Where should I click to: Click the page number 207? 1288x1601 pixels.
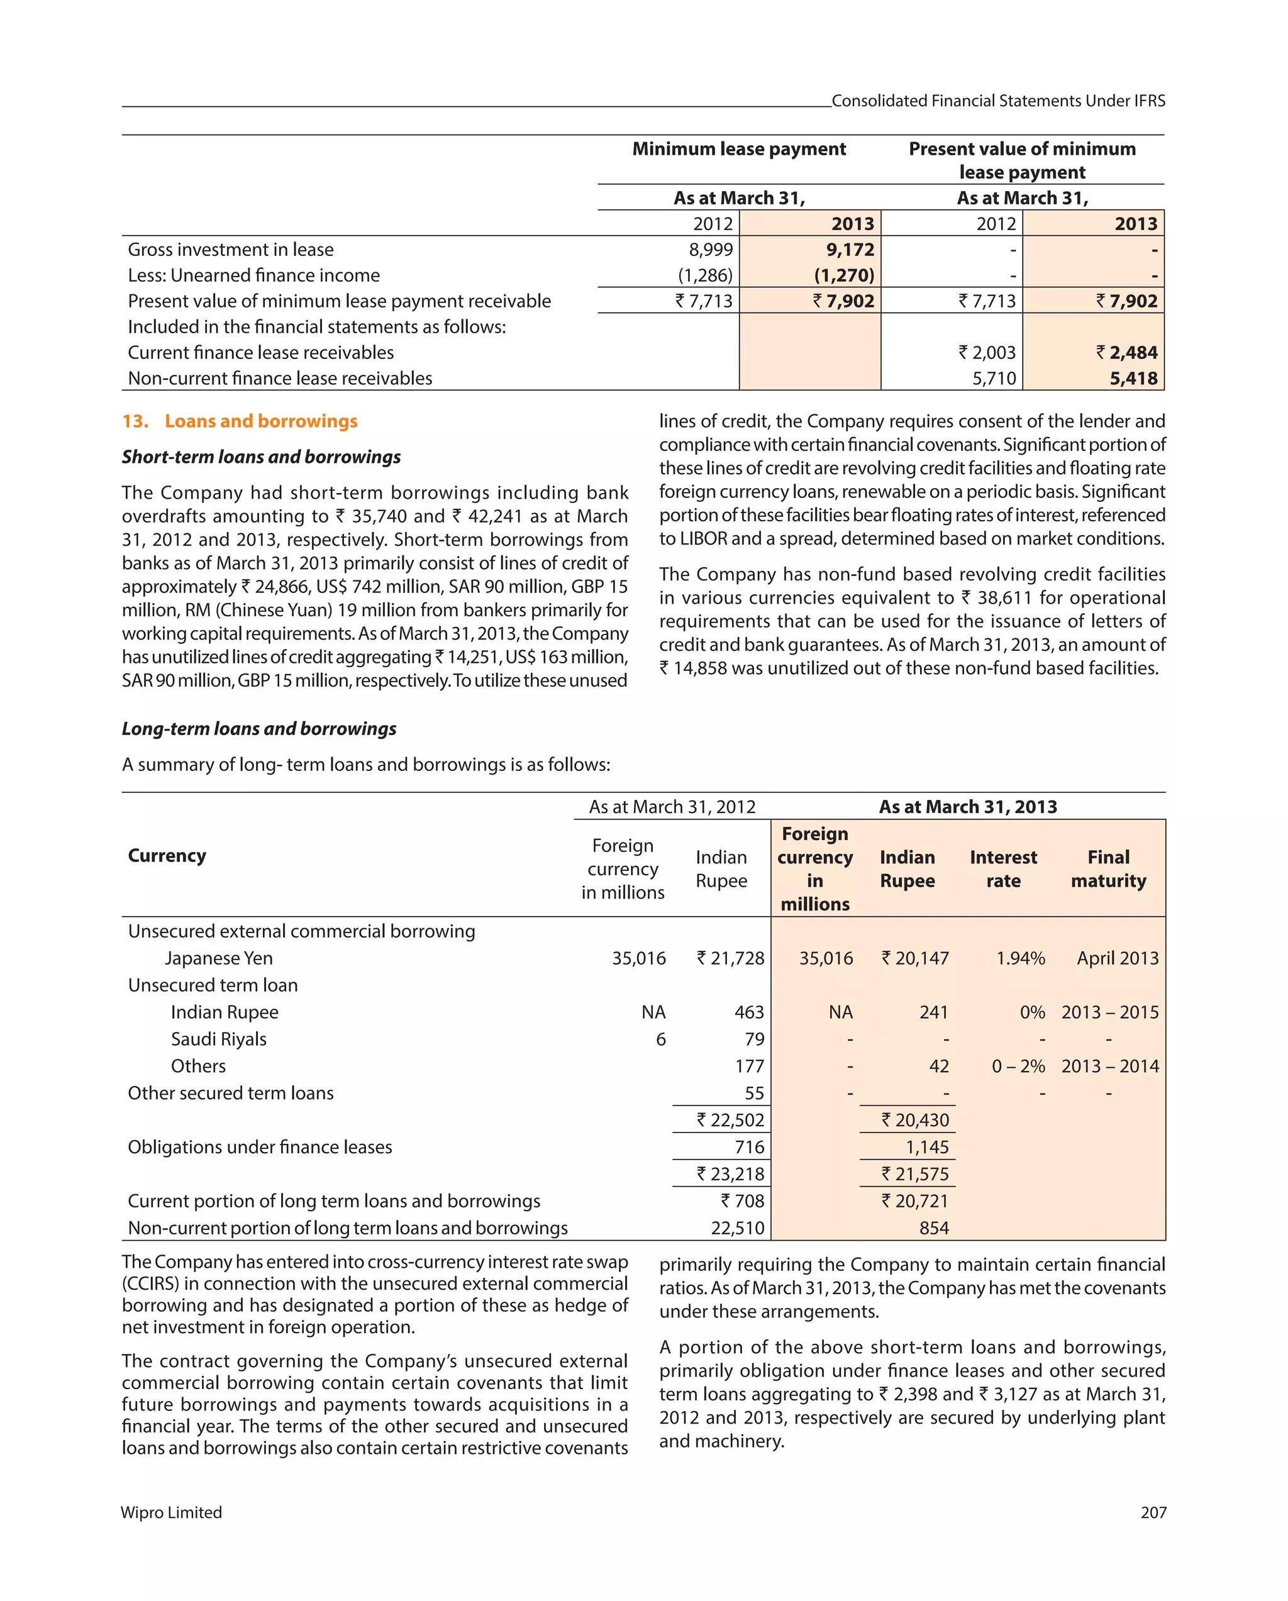point(1153,1512)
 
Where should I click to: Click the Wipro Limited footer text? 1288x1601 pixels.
point(172,1512)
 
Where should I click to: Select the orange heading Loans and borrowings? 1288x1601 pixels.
point(261,421)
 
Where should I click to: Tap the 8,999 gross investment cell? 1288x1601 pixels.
point(711,250)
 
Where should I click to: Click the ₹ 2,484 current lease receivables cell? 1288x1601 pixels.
point(1127,353)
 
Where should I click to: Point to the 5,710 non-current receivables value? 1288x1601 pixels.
point(994,379)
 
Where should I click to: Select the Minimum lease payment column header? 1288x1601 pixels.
point(739,149)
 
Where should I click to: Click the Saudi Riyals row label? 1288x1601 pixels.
point(218,1039)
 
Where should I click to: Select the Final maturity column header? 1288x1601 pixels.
point(1108,869)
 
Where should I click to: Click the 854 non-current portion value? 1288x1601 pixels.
point(934,1228)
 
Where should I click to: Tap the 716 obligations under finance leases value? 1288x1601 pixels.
point(749,1147)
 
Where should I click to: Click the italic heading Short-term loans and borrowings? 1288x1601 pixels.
point(261,457)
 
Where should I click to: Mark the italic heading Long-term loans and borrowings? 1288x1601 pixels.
point(259,728)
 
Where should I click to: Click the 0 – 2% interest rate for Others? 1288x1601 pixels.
point(1018,1066)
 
